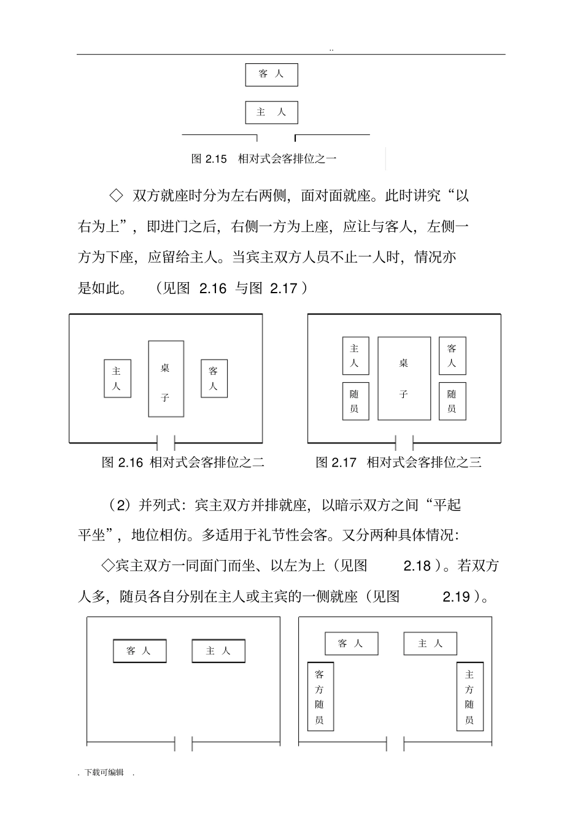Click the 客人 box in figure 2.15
tap(272, 75)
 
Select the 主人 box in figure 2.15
tap(272, 113)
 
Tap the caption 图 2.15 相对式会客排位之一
tap(264, 159)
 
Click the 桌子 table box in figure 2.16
tap(166, 379)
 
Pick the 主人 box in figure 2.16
tap(117, 378)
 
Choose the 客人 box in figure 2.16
tap(214, 378)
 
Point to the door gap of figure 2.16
tap(166, 442)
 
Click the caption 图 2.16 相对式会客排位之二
tap(183, 462)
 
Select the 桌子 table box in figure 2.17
tap(404, 378)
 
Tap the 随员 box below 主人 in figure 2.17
tap(355, 401)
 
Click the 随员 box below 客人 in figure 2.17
tap(452, 401)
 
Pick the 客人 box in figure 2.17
tap(452, 356)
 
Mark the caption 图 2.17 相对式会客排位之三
tap(398, 462)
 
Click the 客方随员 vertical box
tap(320, 696)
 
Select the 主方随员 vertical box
tap(470, 696)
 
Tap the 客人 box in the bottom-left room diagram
tap(139, 651)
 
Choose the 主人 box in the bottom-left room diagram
tap(218, 651)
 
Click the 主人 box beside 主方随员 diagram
tap(430, 643)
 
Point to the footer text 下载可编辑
tap(104, 772)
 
